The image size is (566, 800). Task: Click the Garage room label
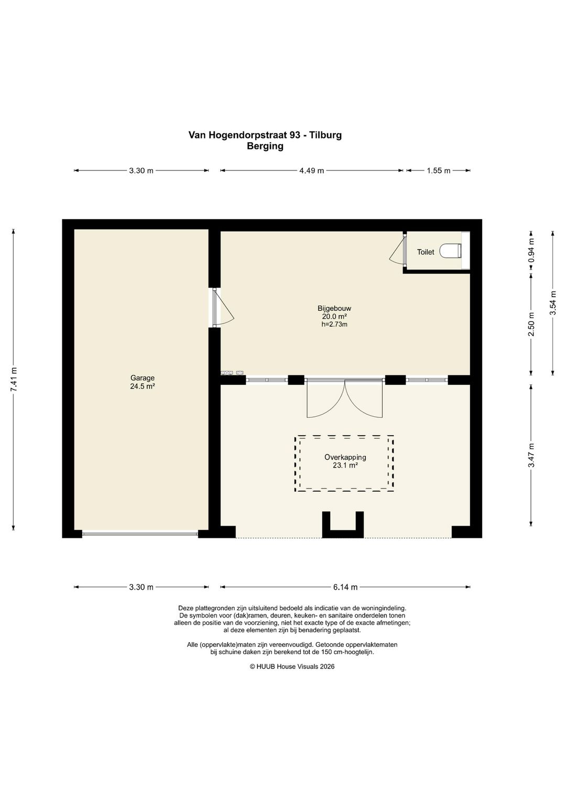142,377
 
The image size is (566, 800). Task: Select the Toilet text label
426,252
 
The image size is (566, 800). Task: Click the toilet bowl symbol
450,251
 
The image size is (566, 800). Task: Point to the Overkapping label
345,457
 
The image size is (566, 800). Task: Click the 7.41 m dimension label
14,380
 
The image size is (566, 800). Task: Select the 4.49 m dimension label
311,171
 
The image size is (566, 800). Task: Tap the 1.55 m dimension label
439,171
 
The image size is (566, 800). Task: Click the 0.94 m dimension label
531,251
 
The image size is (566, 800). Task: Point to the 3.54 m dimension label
553,302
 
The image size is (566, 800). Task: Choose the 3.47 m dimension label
531,455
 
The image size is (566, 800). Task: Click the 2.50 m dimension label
531,324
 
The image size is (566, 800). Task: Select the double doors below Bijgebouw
345,399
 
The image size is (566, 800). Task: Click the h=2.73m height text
334,325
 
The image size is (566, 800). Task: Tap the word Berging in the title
265,146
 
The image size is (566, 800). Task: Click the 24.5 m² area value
142,386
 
